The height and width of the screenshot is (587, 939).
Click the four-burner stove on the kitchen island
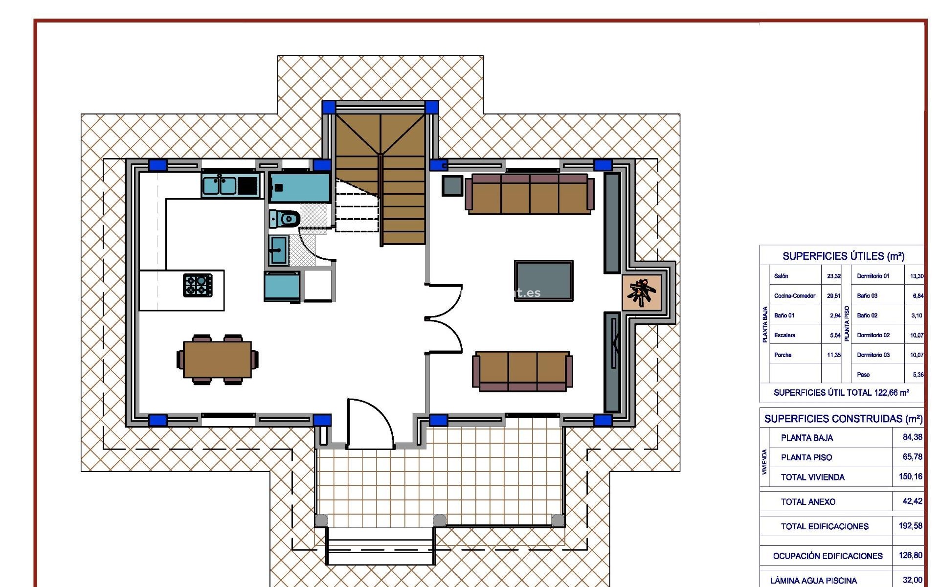[x=198, y=285]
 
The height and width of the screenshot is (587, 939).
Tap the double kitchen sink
[x=220, y=186]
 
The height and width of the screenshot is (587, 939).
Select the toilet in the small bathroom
[x=284, y=219]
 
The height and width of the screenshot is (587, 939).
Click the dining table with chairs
[x=217, y=360]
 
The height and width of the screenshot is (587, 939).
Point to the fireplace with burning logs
[x=642, y=293]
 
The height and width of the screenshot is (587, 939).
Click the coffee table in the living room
[x=543, y=280]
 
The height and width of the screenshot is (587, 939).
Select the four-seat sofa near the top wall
[x=530, y=194]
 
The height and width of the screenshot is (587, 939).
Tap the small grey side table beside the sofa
[x=452, y=186]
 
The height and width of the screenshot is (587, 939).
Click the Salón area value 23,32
[x=833, y=276]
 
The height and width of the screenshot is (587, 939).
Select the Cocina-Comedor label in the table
[x=795, y=296]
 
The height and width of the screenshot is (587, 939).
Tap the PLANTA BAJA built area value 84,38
[x=912, y=437]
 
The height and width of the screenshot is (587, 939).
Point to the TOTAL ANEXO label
[x=808, y=502]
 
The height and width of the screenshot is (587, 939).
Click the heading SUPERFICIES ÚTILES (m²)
[x=843, y=256]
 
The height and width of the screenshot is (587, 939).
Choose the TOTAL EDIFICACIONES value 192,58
[x=910, y=526]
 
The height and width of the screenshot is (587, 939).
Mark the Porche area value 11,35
[x=833, y=355]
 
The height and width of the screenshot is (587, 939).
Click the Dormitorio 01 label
[x=873, y=276]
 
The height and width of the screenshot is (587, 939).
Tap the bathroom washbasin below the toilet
[x=279, y=250]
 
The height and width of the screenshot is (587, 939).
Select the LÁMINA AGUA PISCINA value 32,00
[x=912, y=580]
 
